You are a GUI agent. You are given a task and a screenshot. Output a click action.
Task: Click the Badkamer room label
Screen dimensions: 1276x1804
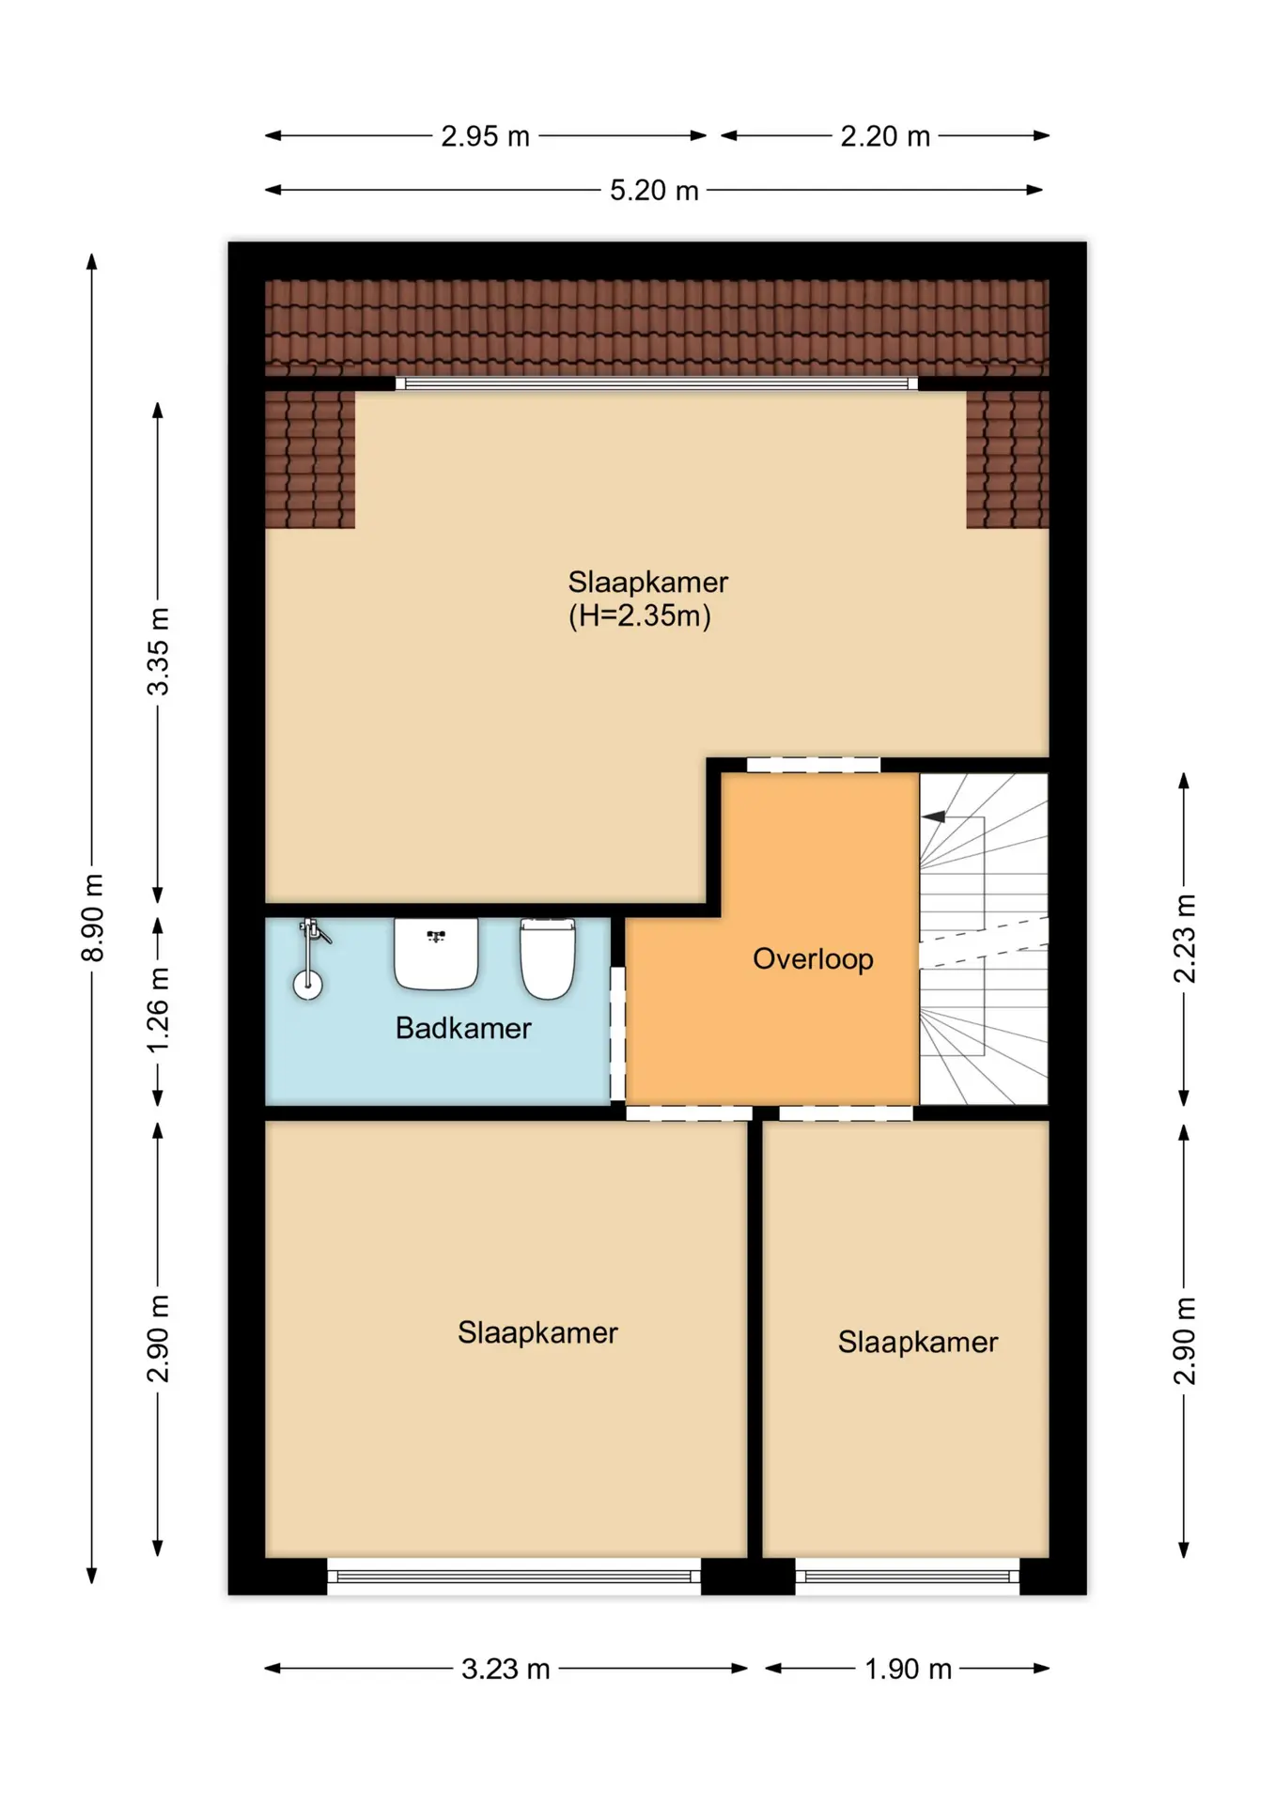[x=463, y=1028]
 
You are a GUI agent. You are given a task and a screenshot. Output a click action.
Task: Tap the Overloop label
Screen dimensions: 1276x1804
[x=813, y=959]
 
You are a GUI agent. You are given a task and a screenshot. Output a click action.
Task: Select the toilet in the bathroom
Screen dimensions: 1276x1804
[x=548, y=959]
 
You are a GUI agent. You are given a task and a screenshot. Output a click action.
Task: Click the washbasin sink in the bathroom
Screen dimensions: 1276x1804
[x=436, y=954]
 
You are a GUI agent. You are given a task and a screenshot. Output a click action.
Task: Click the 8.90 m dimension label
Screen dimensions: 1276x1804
[x=92, y=917]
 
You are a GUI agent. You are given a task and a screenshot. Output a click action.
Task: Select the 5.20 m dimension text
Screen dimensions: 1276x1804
[x=654, y=190]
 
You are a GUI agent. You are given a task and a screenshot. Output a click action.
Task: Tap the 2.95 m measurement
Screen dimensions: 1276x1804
[x=486, y=136]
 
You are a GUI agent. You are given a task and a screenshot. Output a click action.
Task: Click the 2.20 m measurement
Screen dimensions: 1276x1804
[x=885, y=136]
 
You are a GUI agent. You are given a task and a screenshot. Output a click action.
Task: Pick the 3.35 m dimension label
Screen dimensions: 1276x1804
[x=158, y=651]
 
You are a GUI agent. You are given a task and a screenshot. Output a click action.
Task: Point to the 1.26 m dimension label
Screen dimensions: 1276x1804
[x=158, y=1010]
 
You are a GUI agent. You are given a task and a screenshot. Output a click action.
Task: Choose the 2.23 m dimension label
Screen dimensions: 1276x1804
[x=1185, y=939]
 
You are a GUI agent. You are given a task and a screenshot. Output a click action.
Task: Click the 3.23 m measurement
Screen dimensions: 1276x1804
[x=506, y=1669]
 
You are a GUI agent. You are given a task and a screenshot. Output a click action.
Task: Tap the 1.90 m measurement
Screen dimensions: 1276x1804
[x=908, y=1669]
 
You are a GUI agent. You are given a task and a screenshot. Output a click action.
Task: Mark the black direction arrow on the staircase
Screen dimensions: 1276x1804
[x=933, y=816]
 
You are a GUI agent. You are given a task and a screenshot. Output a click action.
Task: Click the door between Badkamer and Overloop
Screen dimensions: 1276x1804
[x=618, y=1033]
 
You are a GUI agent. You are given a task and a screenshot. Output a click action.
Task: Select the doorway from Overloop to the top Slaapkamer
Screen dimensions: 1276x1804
[x=814, y=765]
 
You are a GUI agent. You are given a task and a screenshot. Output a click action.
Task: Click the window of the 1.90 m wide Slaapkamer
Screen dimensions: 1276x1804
[x=908, y=1576]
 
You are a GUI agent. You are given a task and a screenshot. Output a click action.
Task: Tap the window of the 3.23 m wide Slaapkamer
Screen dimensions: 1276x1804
[x=514, y=1576]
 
